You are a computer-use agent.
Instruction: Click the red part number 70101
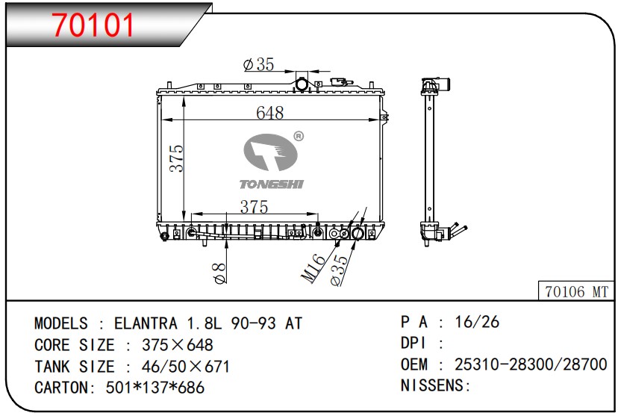click(93, 25)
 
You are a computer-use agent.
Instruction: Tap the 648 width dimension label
click(269, 113)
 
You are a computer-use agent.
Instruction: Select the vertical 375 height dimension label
click(177, 158)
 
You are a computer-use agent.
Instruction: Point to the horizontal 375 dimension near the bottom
click(255, 207)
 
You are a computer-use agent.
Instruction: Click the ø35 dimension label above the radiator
click(258, 64)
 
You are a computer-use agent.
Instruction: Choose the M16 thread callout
click(313, 268)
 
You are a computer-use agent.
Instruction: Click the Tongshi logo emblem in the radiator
click(270, 152)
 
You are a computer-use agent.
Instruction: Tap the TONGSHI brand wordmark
click(272, 184)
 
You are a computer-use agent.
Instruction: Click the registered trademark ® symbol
click(299, 137)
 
